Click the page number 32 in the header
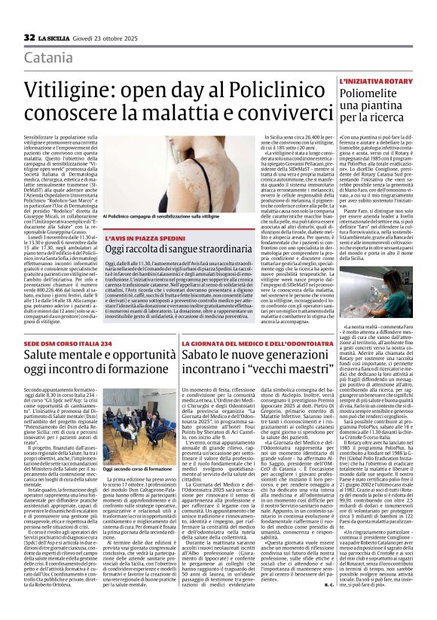[x=29, y=37]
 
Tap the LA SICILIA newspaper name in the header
[x=57, y=38]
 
